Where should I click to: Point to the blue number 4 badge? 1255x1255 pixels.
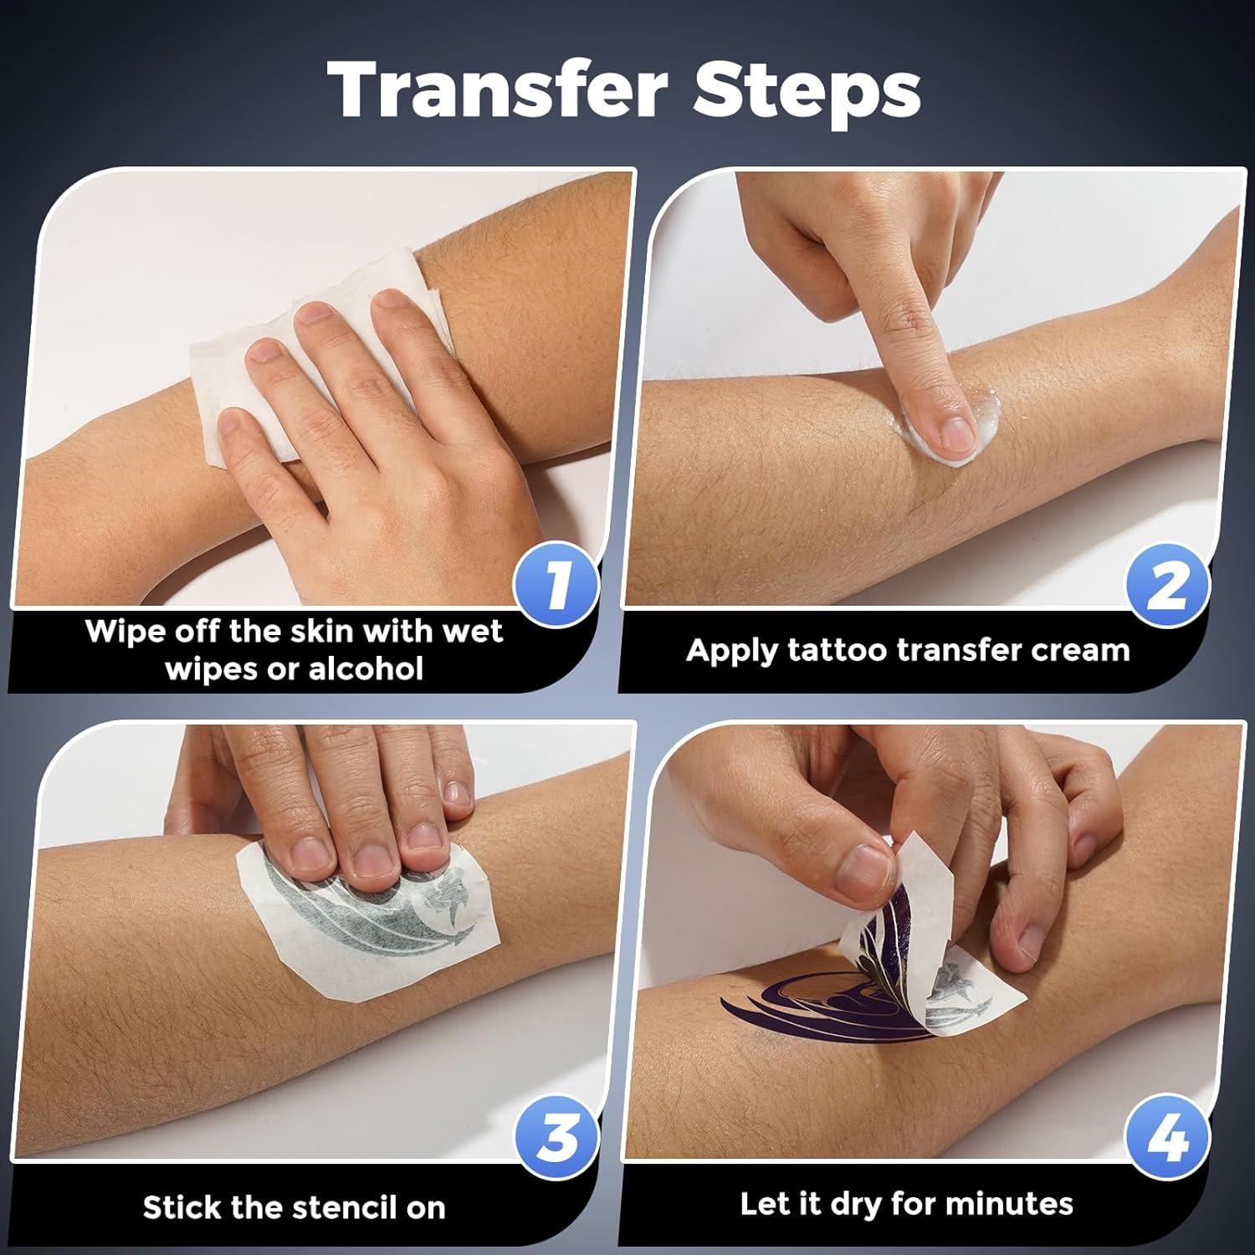pos(1168,1138)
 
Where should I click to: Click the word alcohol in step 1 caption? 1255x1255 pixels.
pos(366,669)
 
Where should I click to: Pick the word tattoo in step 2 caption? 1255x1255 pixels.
pos(833,650)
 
